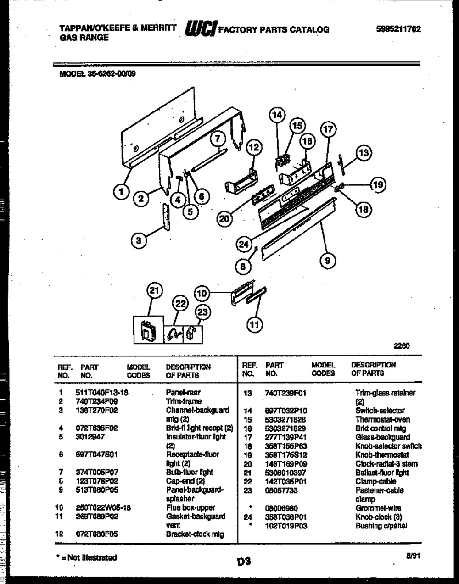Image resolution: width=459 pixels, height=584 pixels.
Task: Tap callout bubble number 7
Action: point(218,139)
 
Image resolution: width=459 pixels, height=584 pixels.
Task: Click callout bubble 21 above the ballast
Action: point(155,290)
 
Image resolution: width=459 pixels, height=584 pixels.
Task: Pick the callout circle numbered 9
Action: point(327,261)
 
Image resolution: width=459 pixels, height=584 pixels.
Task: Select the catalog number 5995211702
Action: point(398,29)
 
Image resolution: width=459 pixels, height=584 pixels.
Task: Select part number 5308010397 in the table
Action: point(285,473)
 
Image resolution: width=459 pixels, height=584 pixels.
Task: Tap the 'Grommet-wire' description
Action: point(378,508)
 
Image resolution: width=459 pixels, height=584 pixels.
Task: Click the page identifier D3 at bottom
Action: point(244,561)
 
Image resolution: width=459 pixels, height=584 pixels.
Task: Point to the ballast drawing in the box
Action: point(148,329)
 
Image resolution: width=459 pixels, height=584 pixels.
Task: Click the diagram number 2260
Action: point(402,346)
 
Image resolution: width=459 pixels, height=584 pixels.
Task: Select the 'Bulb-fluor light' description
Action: point(189,472)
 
